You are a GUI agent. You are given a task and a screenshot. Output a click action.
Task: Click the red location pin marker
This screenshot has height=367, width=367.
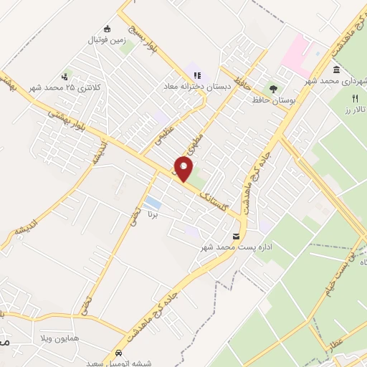[184, 169]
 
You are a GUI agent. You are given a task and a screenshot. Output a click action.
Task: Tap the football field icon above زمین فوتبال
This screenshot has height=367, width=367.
[107, 29]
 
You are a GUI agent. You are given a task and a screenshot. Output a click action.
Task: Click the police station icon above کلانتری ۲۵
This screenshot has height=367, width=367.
[66, 76]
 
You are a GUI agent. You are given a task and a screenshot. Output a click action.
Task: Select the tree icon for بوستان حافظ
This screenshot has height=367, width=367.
[273, 89]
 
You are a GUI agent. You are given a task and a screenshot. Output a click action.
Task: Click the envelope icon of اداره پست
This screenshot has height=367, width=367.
[237, 236]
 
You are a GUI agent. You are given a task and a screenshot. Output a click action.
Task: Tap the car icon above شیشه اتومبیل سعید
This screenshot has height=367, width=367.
[118, 354]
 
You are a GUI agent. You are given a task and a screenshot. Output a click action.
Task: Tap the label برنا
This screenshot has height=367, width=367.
[151, 214]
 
